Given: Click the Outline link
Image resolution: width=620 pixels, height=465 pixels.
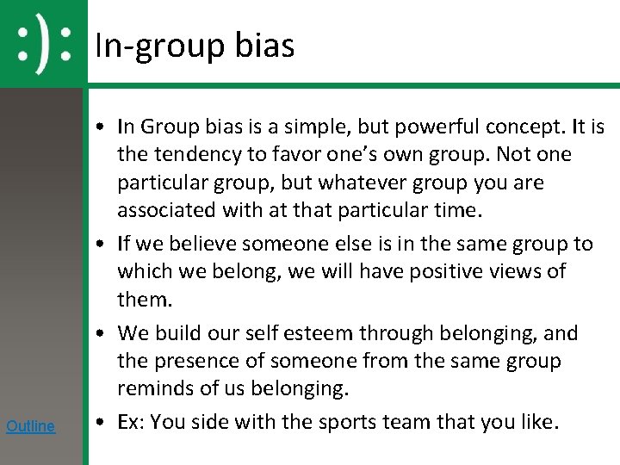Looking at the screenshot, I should (x=30, y=425).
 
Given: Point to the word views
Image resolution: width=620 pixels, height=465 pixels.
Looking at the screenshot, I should (x=526, y=271).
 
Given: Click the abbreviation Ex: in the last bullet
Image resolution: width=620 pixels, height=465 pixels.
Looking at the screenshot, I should (x=131, y=422).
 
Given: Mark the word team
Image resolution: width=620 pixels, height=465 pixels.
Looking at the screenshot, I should (x=415, y=422).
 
